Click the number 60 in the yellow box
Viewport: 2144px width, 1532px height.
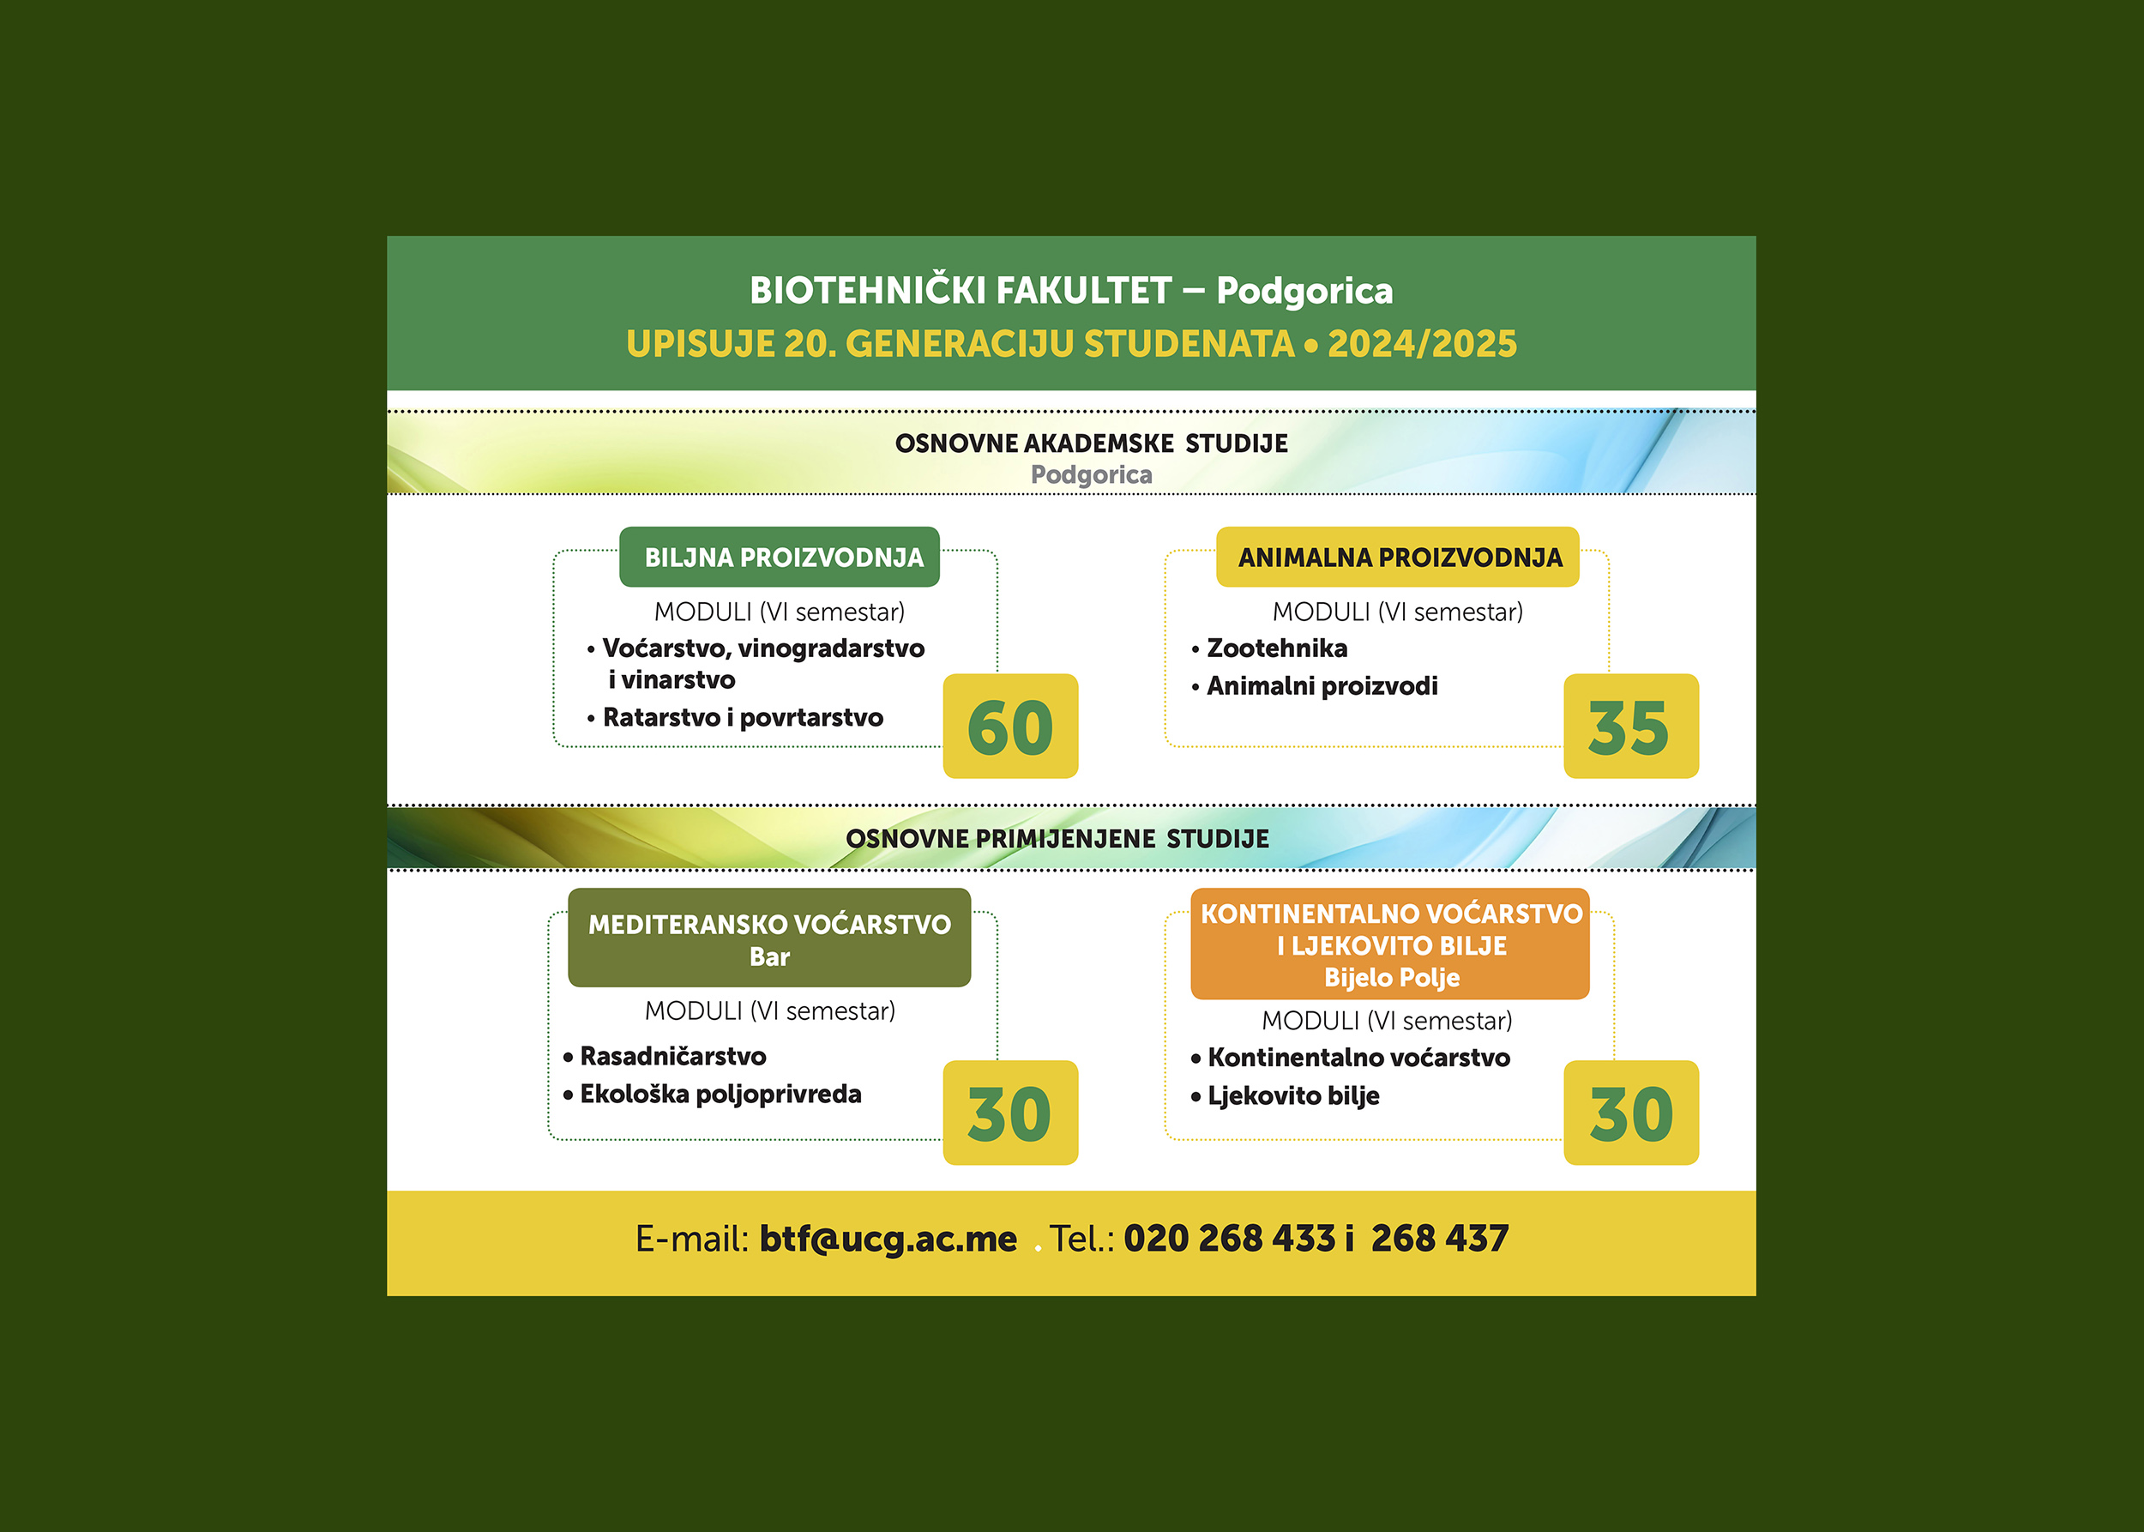tap(1010, 727)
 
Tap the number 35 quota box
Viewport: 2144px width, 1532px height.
tap(1631, 726)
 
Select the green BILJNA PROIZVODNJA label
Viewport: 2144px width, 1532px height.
tap(779, 557)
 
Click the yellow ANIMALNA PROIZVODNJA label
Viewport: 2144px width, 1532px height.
tap(1397, 557)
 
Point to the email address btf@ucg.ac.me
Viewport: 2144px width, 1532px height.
tap(888, 1239)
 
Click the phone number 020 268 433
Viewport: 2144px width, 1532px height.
tap(1229, 1239)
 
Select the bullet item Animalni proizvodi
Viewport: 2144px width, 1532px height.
tap(1315, 686)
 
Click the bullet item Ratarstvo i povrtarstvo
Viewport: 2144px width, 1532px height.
tap(735, 717)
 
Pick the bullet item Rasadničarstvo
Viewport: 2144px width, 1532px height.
tap(665, 1056)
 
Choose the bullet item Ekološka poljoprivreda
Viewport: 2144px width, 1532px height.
tap(712, 1095)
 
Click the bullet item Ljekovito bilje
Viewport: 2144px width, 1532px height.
tap(1285, 1095)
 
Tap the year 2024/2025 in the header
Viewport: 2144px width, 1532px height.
tap(1423, 343)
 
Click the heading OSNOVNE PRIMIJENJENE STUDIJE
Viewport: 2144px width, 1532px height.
tap(1057, 839)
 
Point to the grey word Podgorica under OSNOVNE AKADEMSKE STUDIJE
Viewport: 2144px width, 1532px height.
tap(1092, 474)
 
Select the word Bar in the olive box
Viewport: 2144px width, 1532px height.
tap(769, 956)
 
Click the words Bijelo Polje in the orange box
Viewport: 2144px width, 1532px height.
tap(1391, 977)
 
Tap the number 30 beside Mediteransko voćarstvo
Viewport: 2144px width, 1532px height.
tap(1009, 1114)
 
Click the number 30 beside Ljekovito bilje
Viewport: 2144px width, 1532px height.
tap(1631, 1114)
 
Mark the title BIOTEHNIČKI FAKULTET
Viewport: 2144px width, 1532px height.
tap(961, 290)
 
